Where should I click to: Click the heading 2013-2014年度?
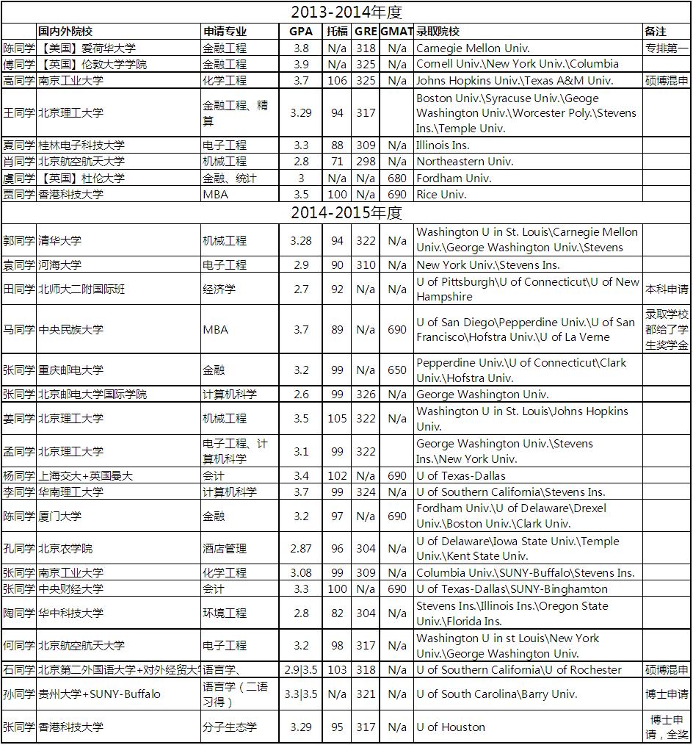[346, 12]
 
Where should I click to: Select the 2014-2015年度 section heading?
[346, 213]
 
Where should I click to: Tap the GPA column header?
[300, 32]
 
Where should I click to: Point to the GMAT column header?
[396, 32]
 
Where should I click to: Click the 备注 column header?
[656, 32]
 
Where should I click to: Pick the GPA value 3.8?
[300, 48]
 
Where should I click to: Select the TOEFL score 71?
[337, 162]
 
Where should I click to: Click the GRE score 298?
[366, 162]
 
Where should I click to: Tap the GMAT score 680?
[396, 178]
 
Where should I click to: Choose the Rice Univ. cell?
[441, 195]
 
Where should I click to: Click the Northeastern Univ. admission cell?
[465, 162]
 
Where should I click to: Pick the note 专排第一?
[667, 48]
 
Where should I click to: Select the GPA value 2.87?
[300, 549]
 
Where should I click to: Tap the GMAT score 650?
[396, 370]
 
